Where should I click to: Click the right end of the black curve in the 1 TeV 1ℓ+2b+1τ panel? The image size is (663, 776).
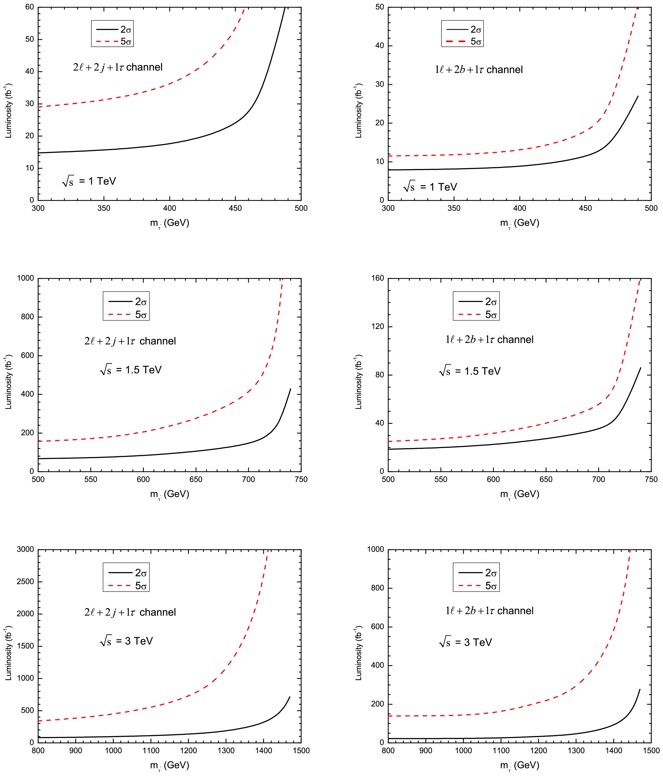click(x=638, y=96)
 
